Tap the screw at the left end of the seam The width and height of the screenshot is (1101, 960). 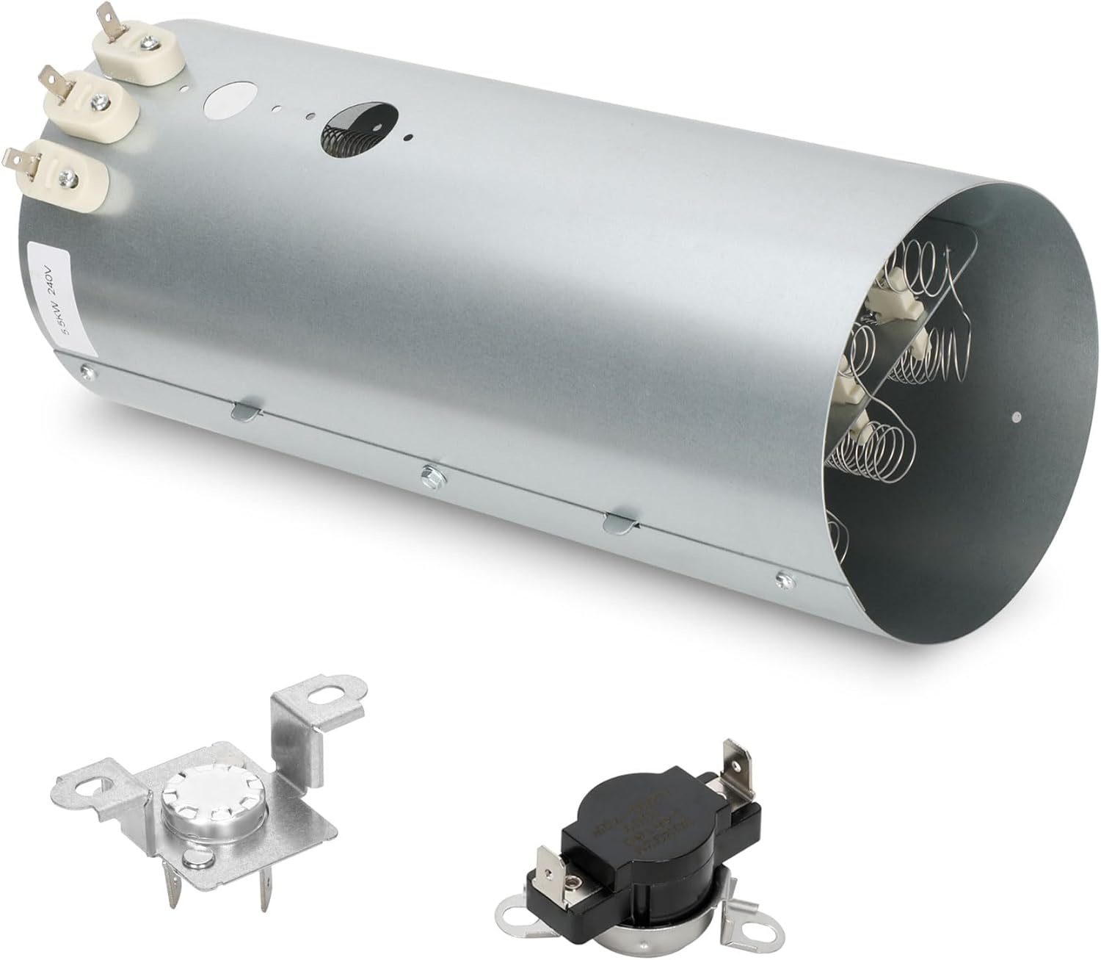[89, 371]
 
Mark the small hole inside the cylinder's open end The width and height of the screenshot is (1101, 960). [1015, 417]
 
